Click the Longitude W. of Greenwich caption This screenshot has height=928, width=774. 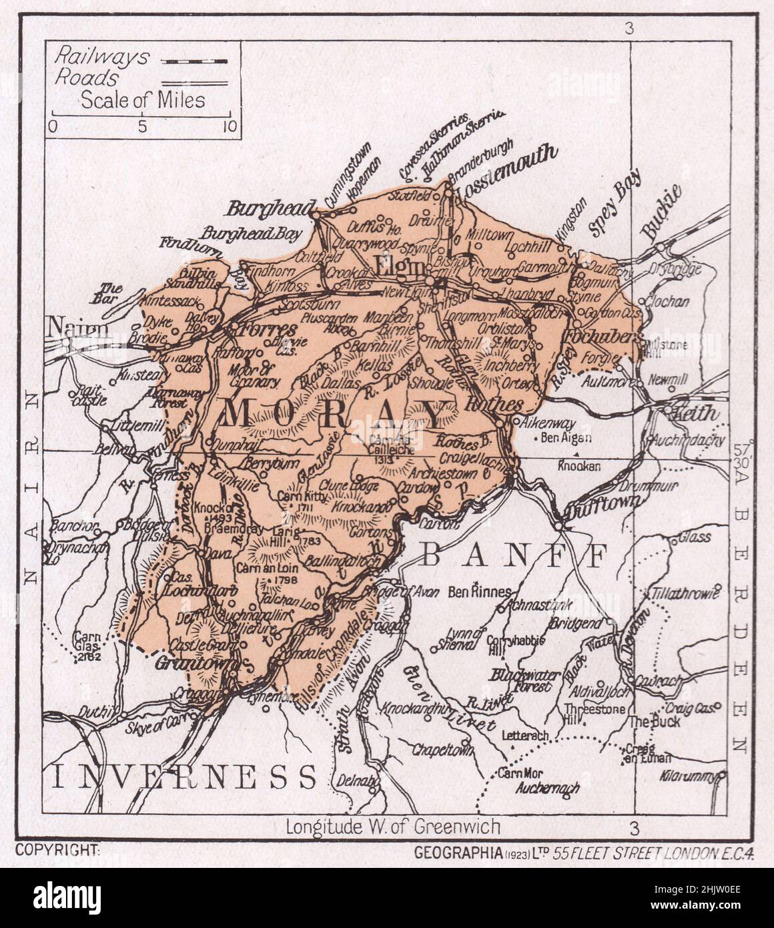tap(393, 827)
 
